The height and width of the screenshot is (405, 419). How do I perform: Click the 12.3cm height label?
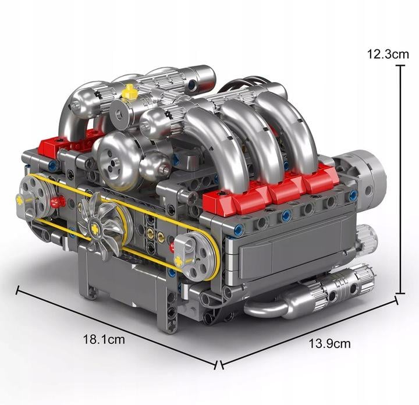pyautogui.click(x=388, y=55)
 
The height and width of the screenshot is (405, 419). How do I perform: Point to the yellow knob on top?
pyautogui.click(x=130, y=91)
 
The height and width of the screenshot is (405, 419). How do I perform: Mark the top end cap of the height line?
pyautogui.click(x=401, y=66)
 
